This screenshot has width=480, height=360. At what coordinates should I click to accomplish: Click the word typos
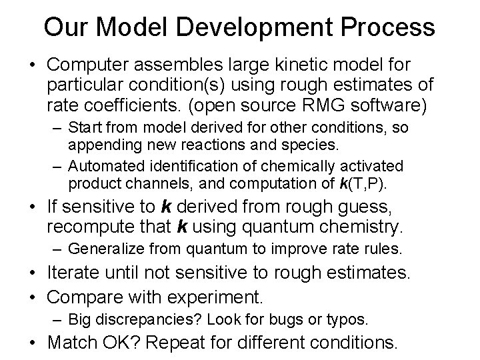coord(348,319)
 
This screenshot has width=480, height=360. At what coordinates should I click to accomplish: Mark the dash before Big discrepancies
coord(56,319)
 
